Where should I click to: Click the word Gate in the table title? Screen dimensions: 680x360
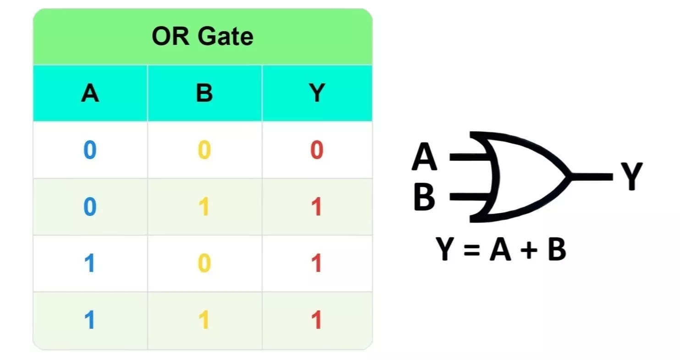tap(226, 36)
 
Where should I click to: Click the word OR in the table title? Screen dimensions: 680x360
tap(171, 36)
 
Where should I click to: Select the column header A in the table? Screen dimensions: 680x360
tap(90, 93)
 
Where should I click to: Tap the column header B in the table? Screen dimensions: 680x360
tap(205, 93)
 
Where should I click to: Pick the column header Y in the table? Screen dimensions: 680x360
tap(317, 93)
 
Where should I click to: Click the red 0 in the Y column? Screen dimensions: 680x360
tap(317, 150)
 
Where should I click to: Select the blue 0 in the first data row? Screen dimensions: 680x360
tap(90, 150)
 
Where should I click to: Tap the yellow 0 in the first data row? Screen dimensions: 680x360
tap(205, 150)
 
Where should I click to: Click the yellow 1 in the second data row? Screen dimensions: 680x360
tap(204, 206)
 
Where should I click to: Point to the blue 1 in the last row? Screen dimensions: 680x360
tap(90, 320)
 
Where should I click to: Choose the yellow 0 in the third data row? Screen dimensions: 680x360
tap(205, 263)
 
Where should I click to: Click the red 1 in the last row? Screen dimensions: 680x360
tap(317, 320)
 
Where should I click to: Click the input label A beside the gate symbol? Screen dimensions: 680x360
tap(425, 157)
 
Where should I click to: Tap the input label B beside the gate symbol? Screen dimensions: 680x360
tap(425, 197)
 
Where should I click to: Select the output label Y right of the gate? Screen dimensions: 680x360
tap(632, 177)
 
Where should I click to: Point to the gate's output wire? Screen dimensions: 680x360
tap(592, 177)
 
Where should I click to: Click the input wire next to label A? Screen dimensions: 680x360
tap(470, 157)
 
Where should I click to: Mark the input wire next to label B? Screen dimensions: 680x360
tap(470, 197)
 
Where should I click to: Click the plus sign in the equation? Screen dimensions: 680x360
tap(529, 250)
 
